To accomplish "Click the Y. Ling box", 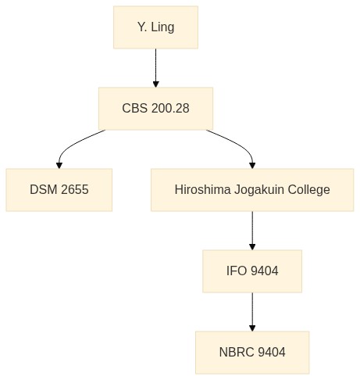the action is click(155, 27).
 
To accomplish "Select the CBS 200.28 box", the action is click(155, 109).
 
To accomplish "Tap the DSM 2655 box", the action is click(59, 190).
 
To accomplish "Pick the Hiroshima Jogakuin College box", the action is click(252, 190).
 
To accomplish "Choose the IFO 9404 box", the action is click(252, 271).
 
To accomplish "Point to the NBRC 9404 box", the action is click(252, 353).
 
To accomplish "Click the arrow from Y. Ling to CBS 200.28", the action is click(155, 68).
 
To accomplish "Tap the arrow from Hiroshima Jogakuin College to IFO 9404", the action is click(252, 231).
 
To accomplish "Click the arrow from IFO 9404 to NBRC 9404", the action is click(252, 312).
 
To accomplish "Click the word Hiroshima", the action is click(202, 189).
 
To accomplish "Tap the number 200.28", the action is click(170, 108).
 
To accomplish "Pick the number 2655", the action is click(75, 189).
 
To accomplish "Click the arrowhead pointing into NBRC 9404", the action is click(252, 328).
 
